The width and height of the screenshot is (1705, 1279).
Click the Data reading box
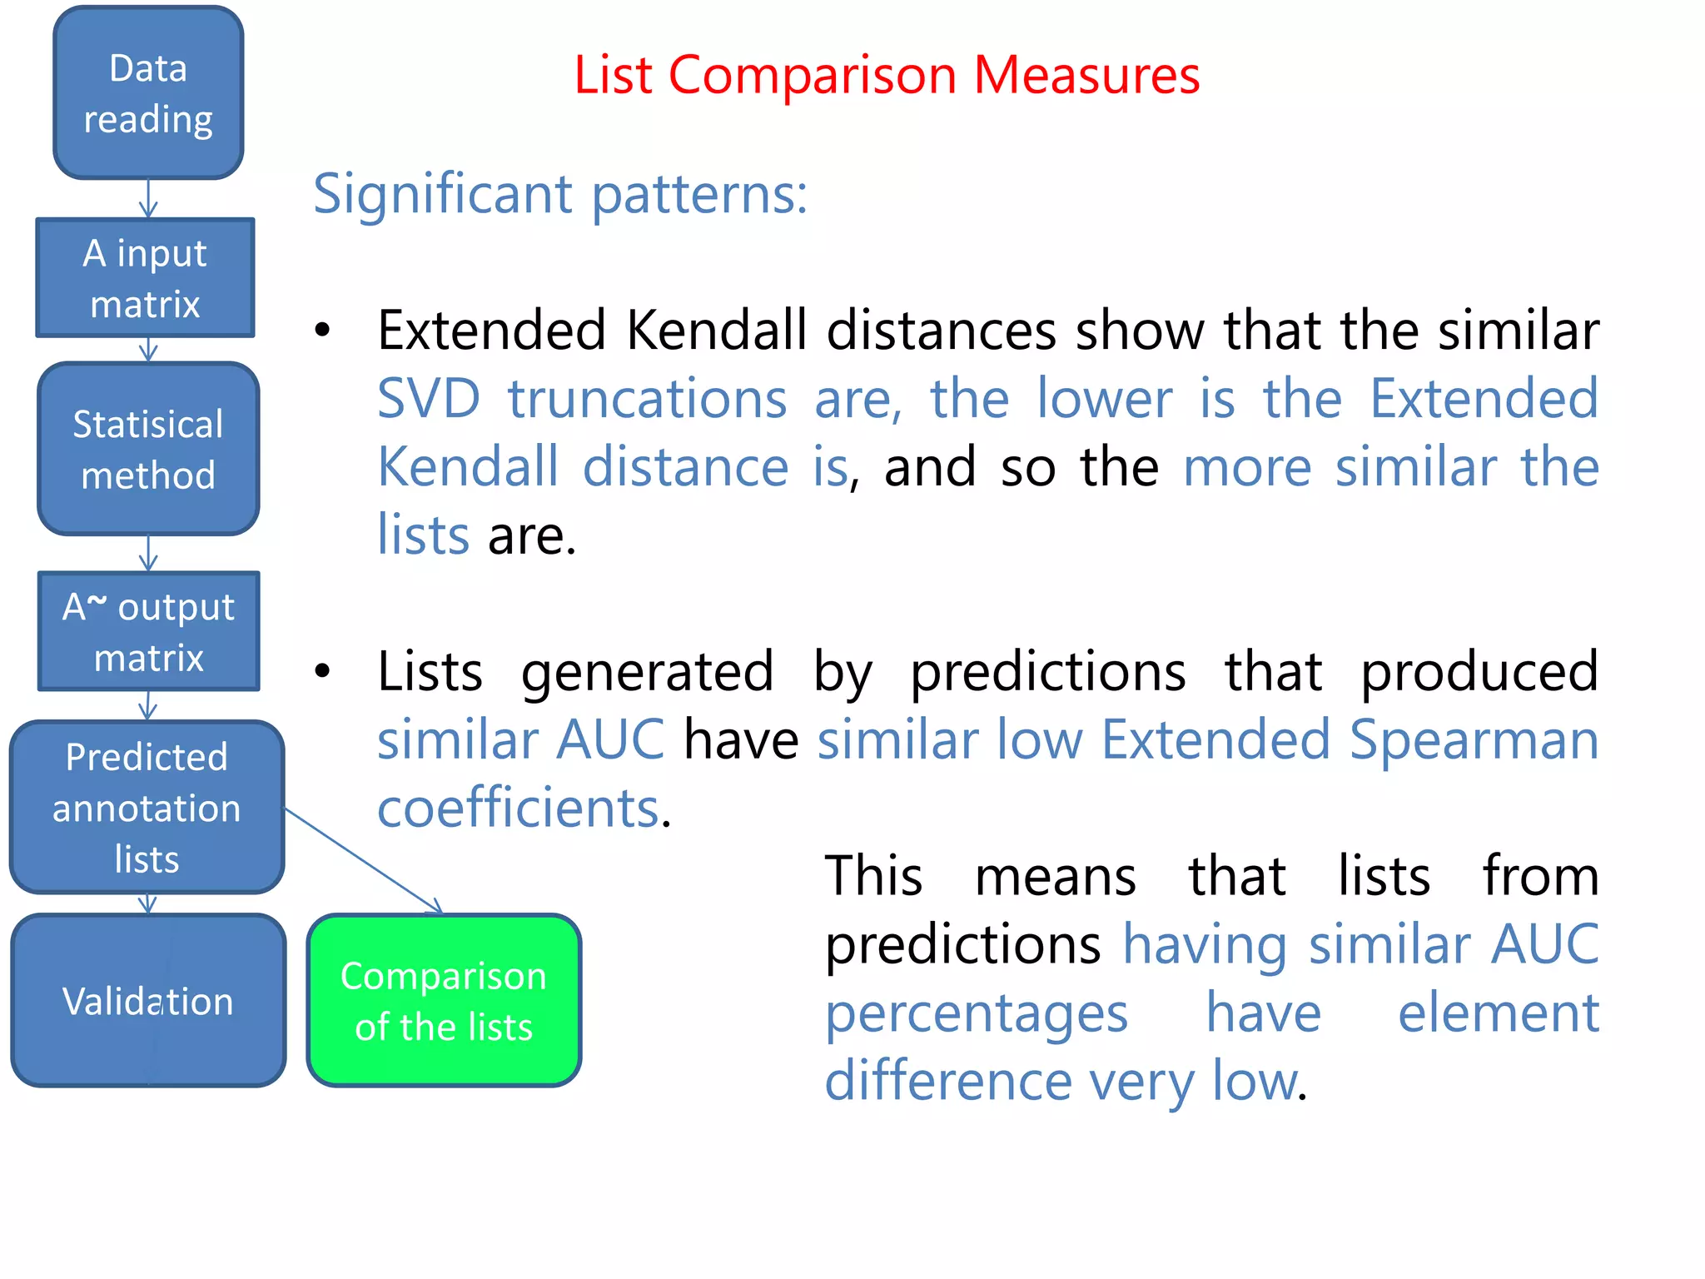(148, 92)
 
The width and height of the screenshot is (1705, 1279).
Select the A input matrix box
(145, 278)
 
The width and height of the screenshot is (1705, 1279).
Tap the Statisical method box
(148, 449)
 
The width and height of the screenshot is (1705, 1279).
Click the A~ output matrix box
(148, 631)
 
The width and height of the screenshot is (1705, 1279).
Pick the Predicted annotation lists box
(147, 808)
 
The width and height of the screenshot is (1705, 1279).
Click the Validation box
(148, 1000)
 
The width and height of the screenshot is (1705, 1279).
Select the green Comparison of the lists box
(444, 1000)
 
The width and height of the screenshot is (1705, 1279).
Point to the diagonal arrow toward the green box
(363, 861)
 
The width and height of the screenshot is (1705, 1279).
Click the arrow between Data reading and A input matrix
(148, 199)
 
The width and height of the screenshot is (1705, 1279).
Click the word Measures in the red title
(1086, 75)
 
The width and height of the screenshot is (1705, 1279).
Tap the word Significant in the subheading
(442, 194)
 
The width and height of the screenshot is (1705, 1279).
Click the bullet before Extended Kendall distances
(323, 331)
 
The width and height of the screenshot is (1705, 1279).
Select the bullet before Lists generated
(323, 671)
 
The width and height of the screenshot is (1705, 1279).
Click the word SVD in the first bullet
(429, 399)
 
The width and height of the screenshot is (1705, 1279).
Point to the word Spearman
(1473, 740)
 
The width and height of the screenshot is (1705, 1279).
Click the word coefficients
(518, 809)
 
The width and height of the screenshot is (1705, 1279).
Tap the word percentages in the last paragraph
(976, 1014)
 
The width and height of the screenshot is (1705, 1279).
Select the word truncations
(648, 399)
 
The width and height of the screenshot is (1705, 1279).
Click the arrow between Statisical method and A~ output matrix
(148, 553)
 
